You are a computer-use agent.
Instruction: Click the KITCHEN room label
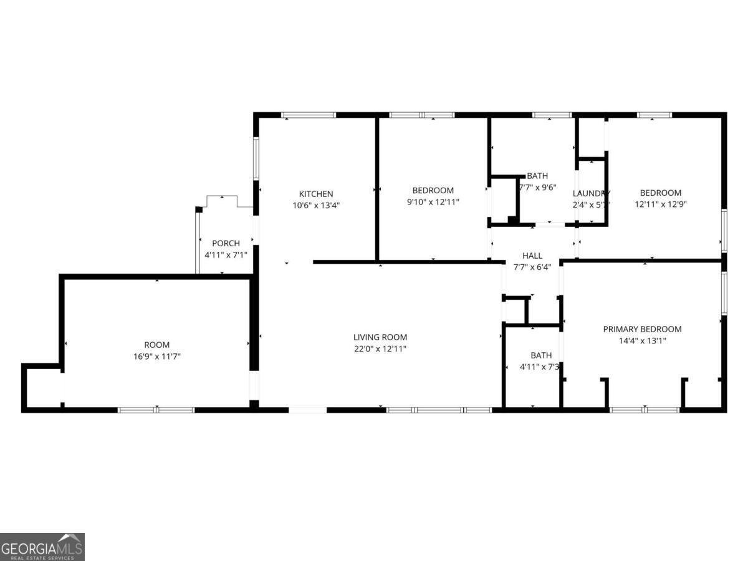[316, 194]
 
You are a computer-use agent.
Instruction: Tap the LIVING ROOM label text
[380, 337]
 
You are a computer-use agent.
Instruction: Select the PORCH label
[226, 243]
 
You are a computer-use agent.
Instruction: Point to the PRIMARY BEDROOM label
[642, 329]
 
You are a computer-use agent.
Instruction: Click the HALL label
[532, 256]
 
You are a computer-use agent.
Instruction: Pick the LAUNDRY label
[591, 193]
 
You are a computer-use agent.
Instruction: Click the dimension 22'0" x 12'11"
[380, 349]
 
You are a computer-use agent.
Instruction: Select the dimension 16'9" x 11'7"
[157, 357]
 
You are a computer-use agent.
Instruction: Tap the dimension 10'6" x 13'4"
[316, 205]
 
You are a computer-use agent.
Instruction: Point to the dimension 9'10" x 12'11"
[433, 202]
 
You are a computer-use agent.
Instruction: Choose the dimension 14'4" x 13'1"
[642, 341]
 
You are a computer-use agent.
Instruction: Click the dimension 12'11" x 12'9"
[661, 204]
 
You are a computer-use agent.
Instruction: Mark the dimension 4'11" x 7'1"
[226, 254]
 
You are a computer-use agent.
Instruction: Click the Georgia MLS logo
[42, 547]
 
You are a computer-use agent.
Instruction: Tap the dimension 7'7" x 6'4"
[532, 267]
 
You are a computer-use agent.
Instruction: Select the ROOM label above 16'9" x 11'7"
[157, 345]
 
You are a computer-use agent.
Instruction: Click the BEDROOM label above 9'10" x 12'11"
[433, 190]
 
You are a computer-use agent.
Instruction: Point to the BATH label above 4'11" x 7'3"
[541, 355]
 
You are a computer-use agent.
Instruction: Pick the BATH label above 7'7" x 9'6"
[537, 176]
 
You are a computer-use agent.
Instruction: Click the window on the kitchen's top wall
[309, 115]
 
